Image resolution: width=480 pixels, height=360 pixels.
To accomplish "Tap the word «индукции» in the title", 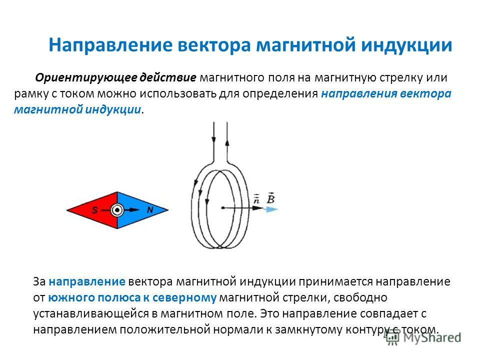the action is tap(406, 45).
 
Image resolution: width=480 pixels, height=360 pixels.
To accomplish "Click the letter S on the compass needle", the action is tap(95, 210).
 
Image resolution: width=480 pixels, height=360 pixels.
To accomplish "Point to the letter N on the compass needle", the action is tap(150, 209).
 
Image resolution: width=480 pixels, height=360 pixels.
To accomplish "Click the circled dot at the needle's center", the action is tap(117, 210).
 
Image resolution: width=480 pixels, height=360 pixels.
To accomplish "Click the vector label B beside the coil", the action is tap(270, 198).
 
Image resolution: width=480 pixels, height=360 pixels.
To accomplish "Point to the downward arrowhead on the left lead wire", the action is tap(213, 139).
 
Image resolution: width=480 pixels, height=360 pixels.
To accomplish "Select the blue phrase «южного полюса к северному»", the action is tap(132, 297).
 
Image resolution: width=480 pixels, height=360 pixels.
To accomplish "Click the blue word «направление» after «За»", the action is tap(87, 281).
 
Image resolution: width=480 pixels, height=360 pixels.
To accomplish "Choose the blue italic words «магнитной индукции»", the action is tap(77, 109).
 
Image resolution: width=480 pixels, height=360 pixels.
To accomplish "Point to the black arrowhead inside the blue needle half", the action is tap(134, 209).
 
